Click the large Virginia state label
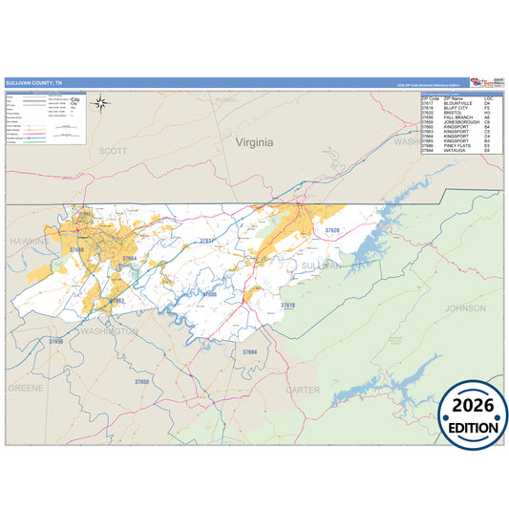pos(254,142)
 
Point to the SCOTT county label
pos(113,151)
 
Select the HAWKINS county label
pos(29,243)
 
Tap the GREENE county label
pos(26,389)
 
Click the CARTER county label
pos(303,390)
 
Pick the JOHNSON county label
pos(465,308)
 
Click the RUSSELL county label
pos(226,99)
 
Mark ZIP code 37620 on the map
pos(331,231)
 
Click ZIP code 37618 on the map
pos(287,306)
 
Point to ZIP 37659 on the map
pos(141,381)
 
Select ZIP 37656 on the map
pos(56,341)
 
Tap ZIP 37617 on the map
pos(206,241)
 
